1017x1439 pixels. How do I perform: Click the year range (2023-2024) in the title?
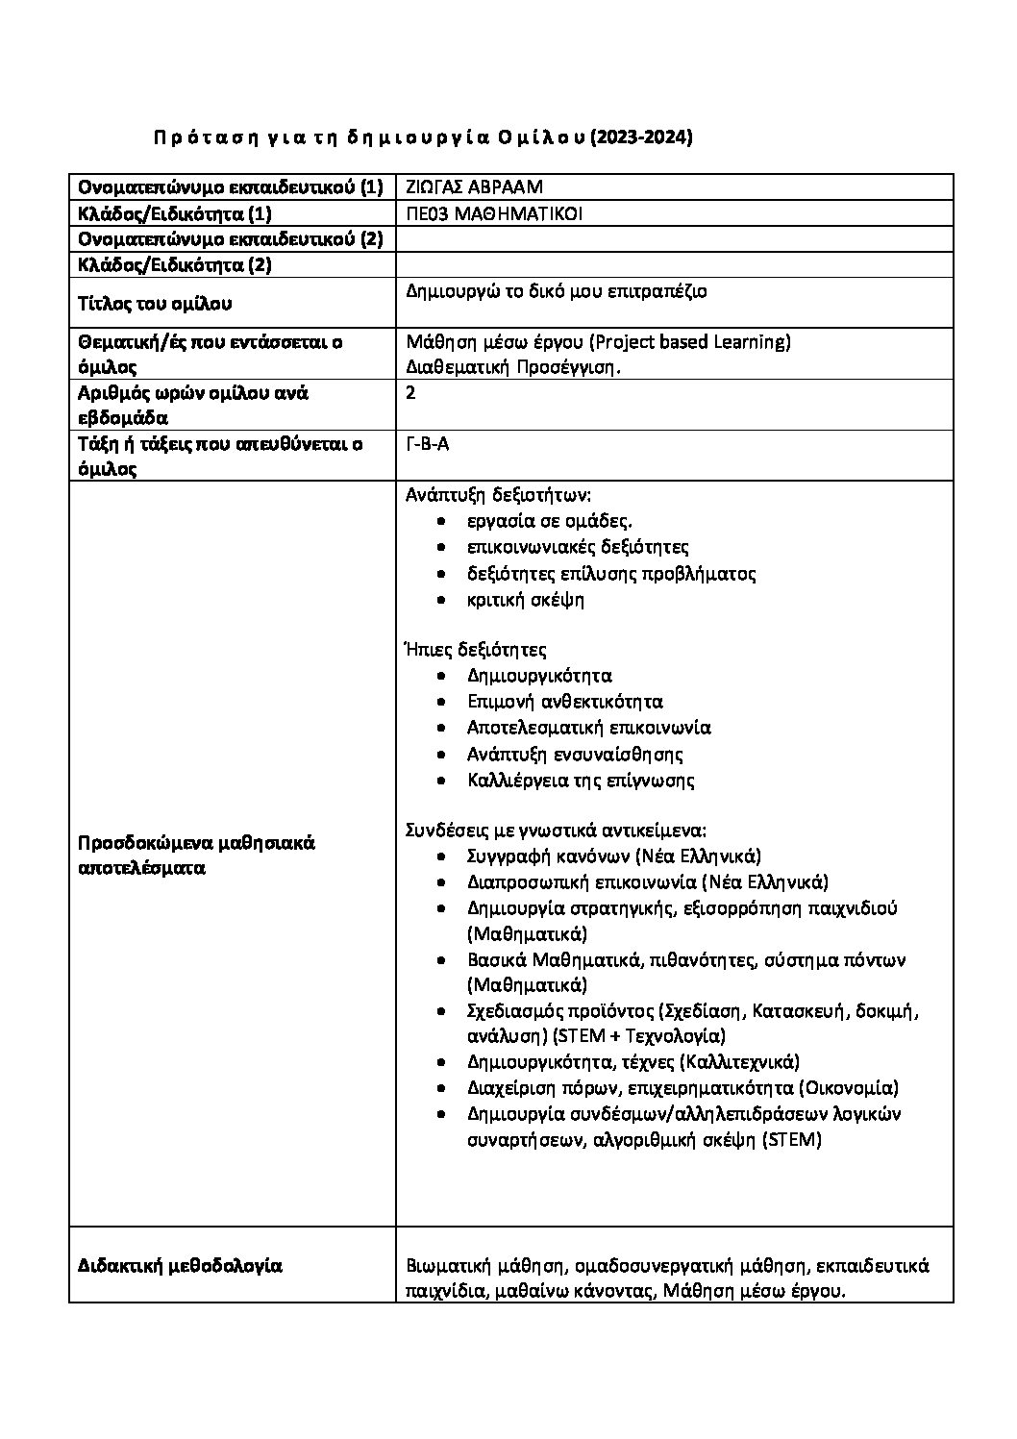coord(641,138)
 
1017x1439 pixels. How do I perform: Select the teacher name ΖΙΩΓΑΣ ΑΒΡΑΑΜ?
coord(475,187)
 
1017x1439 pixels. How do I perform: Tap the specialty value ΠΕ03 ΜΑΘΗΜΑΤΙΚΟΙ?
coord(494,213)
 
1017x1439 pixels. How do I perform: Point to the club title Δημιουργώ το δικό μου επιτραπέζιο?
coord(557,290)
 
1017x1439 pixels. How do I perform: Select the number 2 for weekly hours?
coord(411,392)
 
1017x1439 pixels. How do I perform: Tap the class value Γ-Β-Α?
coord(428,444)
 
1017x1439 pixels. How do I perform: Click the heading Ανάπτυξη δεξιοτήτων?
coord(499,496)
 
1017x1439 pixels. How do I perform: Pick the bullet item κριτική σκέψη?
coord(526,600)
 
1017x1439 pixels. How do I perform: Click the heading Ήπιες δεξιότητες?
coord(476,650)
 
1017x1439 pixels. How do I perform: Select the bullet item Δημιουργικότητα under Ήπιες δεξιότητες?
coord(539,676)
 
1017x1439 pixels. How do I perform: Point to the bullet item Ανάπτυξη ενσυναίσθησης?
coord(575,754)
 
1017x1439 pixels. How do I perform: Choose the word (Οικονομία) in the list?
coord(849,1087)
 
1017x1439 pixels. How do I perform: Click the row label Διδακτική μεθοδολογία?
coord(180,1266)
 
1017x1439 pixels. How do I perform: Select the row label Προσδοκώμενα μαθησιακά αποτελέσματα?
coord(196,855)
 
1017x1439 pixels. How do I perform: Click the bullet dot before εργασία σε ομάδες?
coord(440,522)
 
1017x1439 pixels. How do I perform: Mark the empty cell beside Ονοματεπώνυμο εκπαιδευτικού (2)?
coord(673,238)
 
